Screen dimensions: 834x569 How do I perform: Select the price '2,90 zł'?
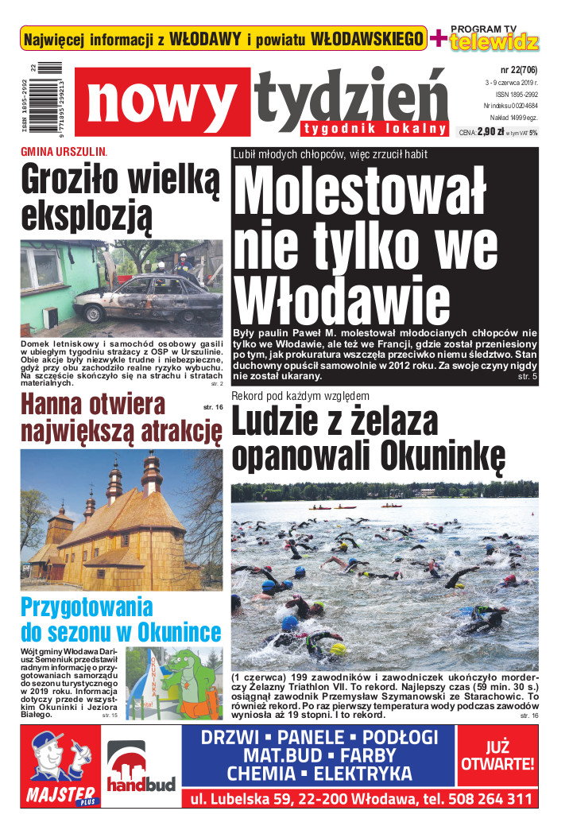(492, 133)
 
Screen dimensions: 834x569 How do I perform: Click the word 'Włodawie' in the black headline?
(343, 301)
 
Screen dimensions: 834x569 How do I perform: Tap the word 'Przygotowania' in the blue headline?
(75, 607)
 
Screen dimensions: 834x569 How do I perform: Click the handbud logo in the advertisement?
(141, 771)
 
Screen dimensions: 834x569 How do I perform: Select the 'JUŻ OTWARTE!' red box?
(498, 756)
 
